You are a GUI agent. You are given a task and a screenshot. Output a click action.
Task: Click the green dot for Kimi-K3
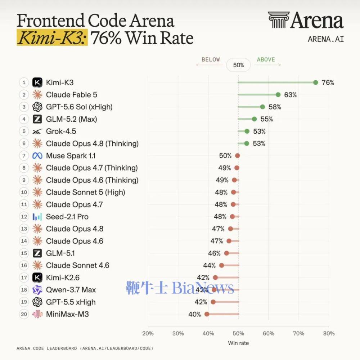[x=315, y=82]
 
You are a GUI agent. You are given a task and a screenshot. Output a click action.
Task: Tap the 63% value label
[x=290, y=95]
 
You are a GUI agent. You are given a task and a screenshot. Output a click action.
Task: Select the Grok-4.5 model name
[x=61, y=131]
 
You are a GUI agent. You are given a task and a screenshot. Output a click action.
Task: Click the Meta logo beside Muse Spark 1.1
[x=37, y=156]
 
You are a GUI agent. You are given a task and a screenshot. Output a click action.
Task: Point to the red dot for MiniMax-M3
[x=207, y=314]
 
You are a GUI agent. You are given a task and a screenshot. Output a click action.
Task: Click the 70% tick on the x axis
[x=298, y=333]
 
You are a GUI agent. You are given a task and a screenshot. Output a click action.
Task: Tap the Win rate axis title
[x=238, y=343]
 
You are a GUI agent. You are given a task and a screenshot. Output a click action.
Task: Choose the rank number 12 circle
[x=24, y=217]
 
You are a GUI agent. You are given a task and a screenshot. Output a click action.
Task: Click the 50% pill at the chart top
[x=238, y=65]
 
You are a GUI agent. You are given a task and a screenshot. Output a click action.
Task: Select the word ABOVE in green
[x=266, y=59]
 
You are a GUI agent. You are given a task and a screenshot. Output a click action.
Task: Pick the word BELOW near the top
[x=211, y=59]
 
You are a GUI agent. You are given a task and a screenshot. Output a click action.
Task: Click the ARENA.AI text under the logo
[x=326, y=39]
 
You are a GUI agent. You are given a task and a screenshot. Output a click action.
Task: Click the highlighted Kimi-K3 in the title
[x=52, y=37]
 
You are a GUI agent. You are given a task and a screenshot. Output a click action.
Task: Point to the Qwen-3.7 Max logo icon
[x=37, y=290]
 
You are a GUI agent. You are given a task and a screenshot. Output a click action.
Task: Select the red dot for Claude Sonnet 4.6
[x=221, y=265]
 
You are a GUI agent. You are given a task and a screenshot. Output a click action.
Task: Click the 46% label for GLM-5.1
[x=214, y=253]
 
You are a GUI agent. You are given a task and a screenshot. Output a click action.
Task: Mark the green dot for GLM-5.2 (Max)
[x=254, y=119]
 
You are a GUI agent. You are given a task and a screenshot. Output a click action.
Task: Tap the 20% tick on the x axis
[x=148, y=333]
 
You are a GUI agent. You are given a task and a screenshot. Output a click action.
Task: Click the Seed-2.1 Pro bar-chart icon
[x=37, y=217]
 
